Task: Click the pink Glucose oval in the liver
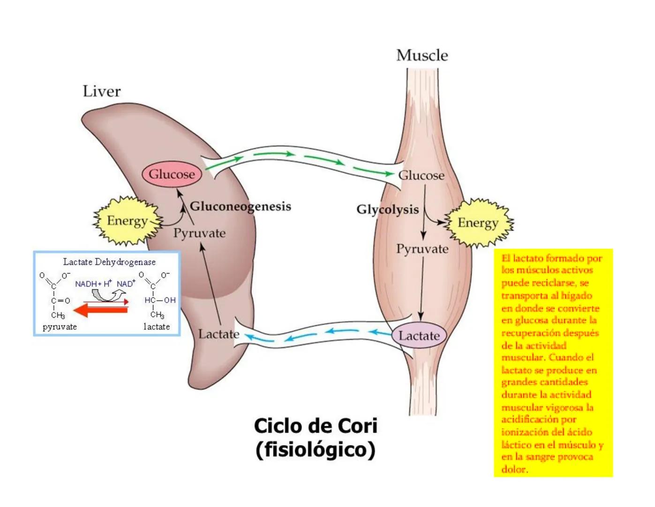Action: coord(172,174)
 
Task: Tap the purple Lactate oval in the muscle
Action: coord(419,336)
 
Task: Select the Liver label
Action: coord(101,91)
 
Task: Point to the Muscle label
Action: coord(422,55)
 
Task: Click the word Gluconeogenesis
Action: coord(240,207)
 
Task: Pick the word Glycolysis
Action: coord(387,209)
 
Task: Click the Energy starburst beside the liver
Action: coord(127,221)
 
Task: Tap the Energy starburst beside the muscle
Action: coord(478,223)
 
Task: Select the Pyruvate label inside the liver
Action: coord(199,233)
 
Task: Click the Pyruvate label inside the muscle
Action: coord(422,249)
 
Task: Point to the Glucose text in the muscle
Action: coord(421,176)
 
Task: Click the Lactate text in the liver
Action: coord(218,334)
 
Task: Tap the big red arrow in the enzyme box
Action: coord(101,310)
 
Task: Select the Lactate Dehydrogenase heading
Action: coord(109,262)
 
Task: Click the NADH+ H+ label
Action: coord(93,284)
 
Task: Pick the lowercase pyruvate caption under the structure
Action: coord(60,327)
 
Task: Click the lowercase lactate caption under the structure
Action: coord(157,327)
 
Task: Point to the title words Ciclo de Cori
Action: coord(316,426)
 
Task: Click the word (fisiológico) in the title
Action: coord(316,450)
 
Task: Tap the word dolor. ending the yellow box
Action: coord(514,469)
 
